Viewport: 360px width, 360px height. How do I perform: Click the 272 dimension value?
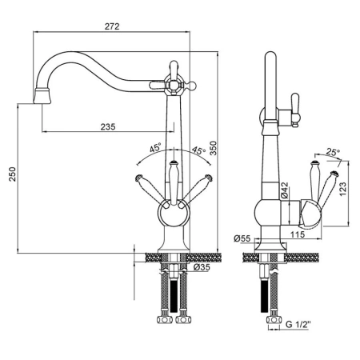(x=112, y=26)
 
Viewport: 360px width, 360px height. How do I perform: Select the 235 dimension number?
(x=108, y=126)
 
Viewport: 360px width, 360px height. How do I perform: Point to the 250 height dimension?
(x=12, y=174)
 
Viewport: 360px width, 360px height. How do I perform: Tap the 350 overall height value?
(x=214, y=148)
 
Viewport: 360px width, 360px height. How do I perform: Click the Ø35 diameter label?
(x=202, y=267)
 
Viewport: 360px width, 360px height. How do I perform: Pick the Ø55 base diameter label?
(x=242, y=238)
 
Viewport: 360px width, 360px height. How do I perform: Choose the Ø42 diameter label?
(x=285, y=190)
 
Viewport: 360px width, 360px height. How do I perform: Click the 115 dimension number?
(x=298, y=234)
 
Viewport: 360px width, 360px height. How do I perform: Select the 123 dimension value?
(x=342, y=189)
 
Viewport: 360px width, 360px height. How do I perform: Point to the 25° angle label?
(x=333, y=153)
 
